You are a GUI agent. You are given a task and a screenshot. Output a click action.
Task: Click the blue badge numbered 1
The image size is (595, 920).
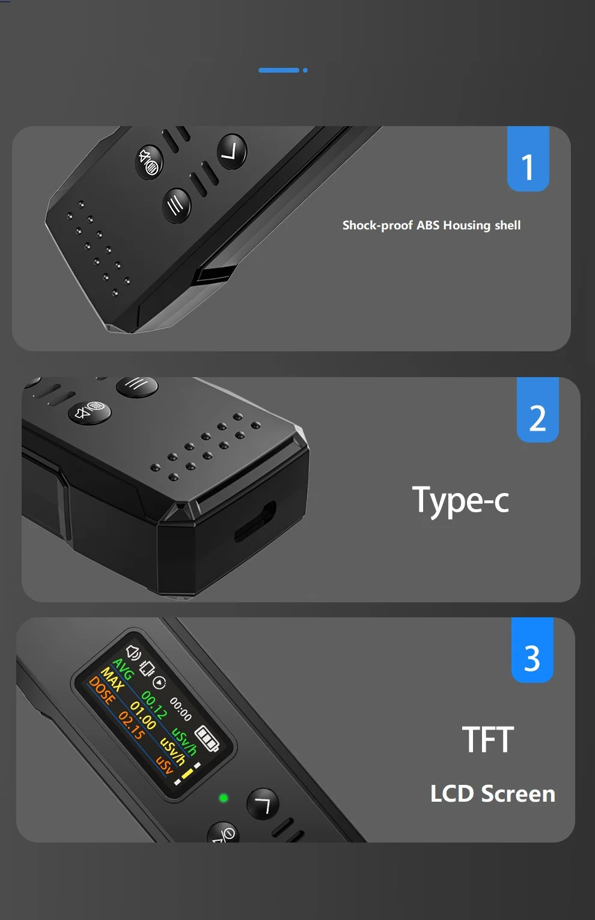point(528,160)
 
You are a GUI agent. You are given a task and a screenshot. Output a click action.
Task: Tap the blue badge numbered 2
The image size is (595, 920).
point(538,411)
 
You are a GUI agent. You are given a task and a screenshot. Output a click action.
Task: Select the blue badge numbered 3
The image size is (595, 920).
point(532,652)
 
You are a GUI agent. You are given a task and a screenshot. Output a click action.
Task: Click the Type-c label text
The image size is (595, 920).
point(460,501)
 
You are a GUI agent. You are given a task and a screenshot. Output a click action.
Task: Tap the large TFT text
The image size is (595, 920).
point(488,739)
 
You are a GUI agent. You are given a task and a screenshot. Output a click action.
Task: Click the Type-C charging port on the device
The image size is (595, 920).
point(255,520)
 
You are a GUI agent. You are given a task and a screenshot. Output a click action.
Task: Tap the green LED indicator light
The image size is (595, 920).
point(224,798)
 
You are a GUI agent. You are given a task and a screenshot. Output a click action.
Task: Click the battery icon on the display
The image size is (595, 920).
point(207,738)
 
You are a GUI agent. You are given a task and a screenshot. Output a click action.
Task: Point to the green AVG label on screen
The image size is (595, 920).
point(123,669)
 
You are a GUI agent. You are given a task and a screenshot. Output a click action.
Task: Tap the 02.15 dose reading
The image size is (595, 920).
point(132,725)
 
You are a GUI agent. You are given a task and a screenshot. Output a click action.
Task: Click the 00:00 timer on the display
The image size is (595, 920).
point(180,709)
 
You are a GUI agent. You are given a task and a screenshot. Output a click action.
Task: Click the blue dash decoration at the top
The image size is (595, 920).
point(279,70)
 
